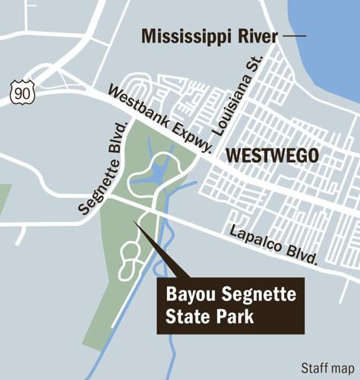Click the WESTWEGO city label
(x=273, y=157)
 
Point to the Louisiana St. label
(x=238, y=95)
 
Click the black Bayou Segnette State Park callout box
(x=230, y=306)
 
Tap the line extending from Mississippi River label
(x=294, y=36)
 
